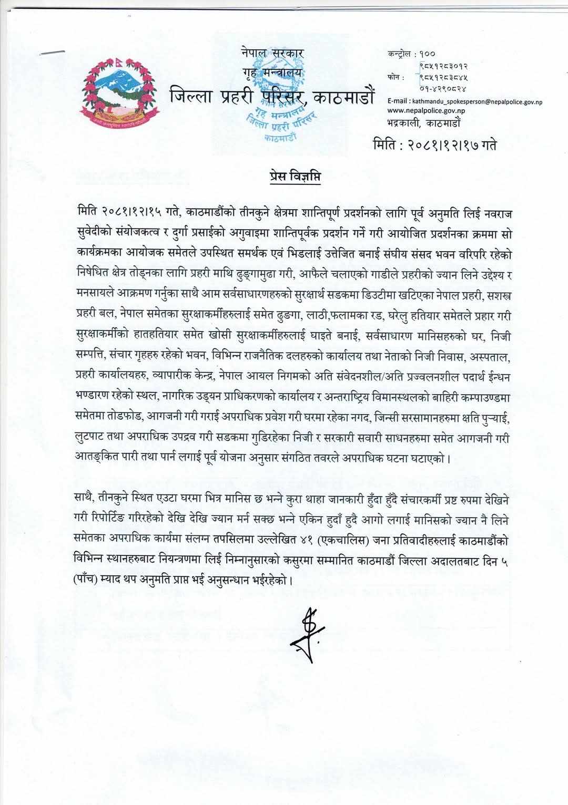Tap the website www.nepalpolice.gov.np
(x=428, y=111)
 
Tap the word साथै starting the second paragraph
(x=86, y=497)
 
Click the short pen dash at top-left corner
(x=53, y=52)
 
